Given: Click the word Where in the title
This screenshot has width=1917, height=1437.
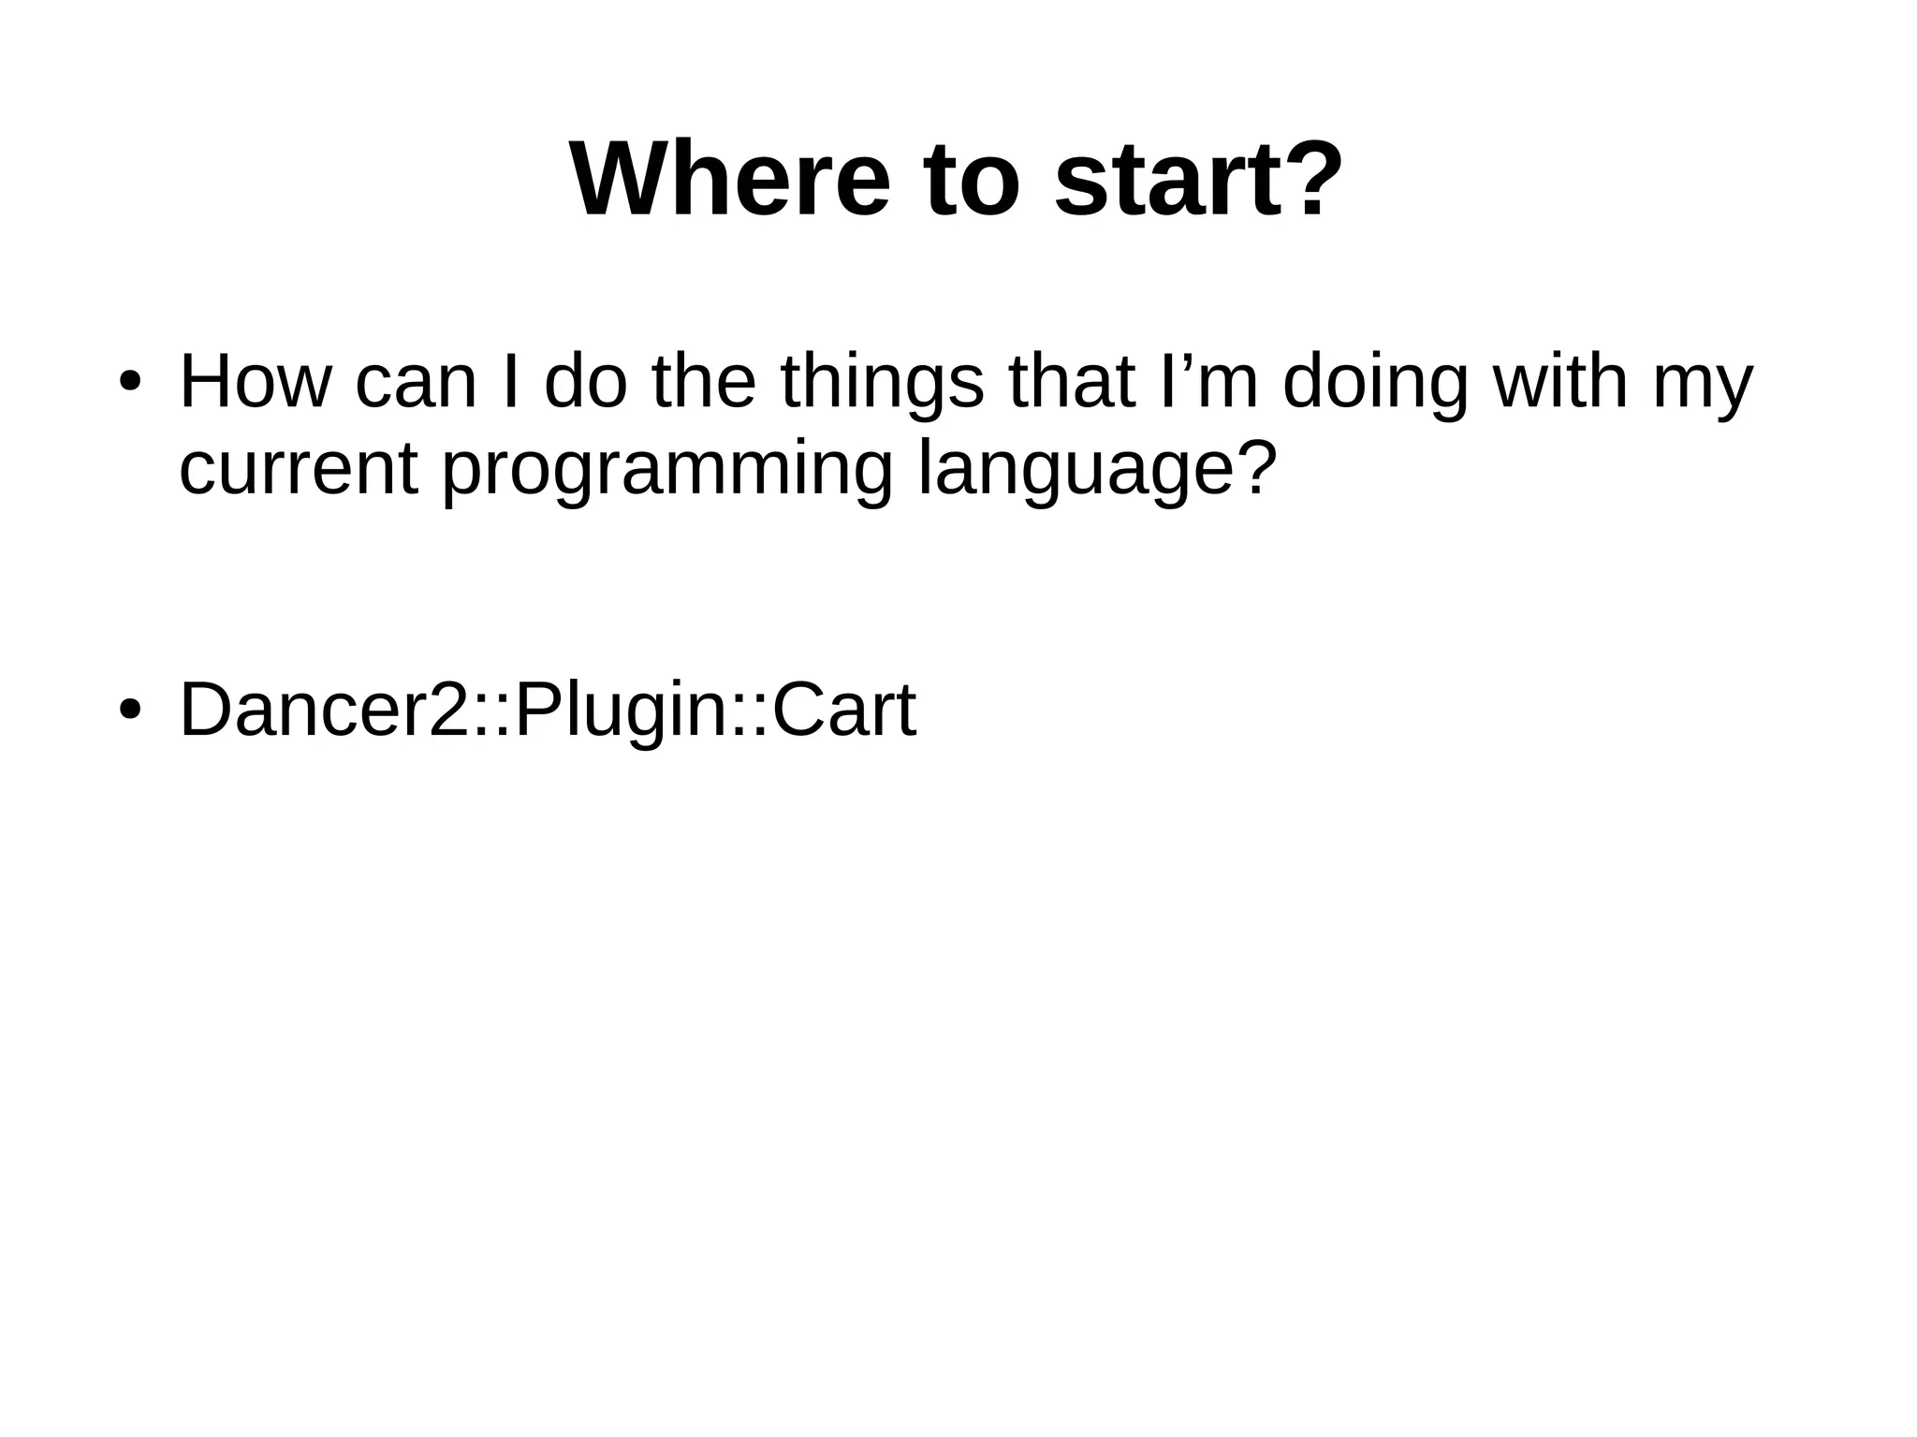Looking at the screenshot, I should [729, 180].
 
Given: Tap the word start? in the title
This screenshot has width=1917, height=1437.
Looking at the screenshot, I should [1198, 180].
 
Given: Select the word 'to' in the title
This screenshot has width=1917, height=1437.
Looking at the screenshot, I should [970, 180].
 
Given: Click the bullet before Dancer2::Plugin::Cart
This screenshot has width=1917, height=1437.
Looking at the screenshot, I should [130, 710].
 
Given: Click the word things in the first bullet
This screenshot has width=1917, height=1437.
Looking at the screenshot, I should [882, 383].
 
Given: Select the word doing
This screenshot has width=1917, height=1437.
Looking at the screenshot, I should [1374, 383].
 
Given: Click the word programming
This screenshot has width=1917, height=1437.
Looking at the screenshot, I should [666, 470].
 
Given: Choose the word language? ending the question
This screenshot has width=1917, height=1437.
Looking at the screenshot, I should [1097, 470].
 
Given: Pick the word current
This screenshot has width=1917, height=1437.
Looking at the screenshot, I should [298, 470].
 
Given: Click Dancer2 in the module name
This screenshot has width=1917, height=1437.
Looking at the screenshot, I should [324, 710].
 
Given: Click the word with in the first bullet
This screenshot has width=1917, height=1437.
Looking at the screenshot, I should [1560, 383].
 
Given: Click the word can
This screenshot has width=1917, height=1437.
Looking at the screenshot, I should [416, 383].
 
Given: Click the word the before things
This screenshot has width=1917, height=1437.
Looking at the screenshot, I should [704, 383].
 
